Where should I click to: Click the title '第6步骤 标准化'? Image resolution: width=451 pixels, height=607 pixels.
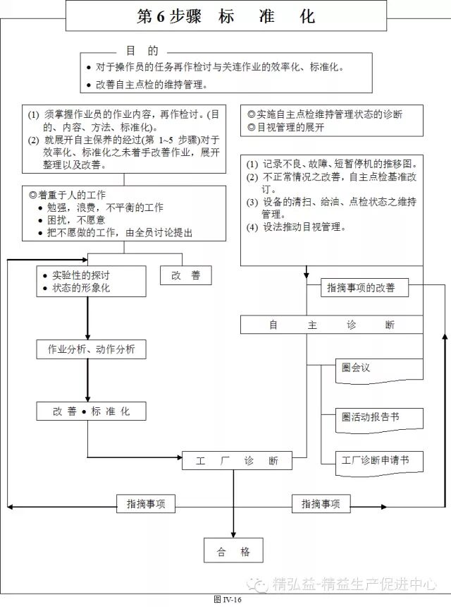(226, 16)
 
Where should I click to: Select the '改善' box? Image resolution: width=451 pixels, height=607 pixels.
(186, 276)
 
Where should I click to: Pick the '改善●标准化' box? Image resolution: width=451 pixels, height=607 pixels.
(92, 411)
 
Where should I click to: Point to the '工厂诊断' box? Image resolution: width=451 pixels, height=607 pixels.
(237, 461)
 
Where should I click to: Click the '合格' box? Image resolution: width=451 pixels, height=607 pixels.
(234, 552)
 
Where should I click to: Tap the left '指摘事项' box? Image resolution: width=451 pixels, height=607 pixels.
(146, 504)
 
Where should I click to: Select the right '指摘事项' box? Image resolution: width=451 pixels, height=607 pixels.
(321, 504)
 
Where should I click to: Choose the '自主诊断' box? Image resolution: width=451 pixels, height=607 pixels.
(332, 325)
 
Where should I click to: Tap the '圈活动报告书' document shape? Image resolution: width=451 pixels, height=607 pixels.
(370, 417)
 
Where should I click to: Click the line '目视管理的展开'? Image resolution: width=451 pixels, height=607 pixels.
(286, 127)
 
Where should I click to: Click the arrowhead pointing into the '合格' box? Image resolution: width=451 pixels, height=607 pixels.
(234, 536)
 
